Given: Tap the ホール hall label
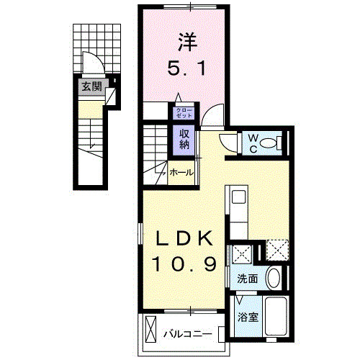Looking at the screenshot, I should tap(181, 172).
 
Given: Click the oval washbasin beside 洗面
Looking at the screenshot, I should tap(273, 277).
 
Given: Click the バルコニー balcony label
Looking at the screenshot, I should tap(186, 334).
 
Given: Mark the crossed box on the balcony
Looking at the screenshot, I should tap(150, 330).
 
